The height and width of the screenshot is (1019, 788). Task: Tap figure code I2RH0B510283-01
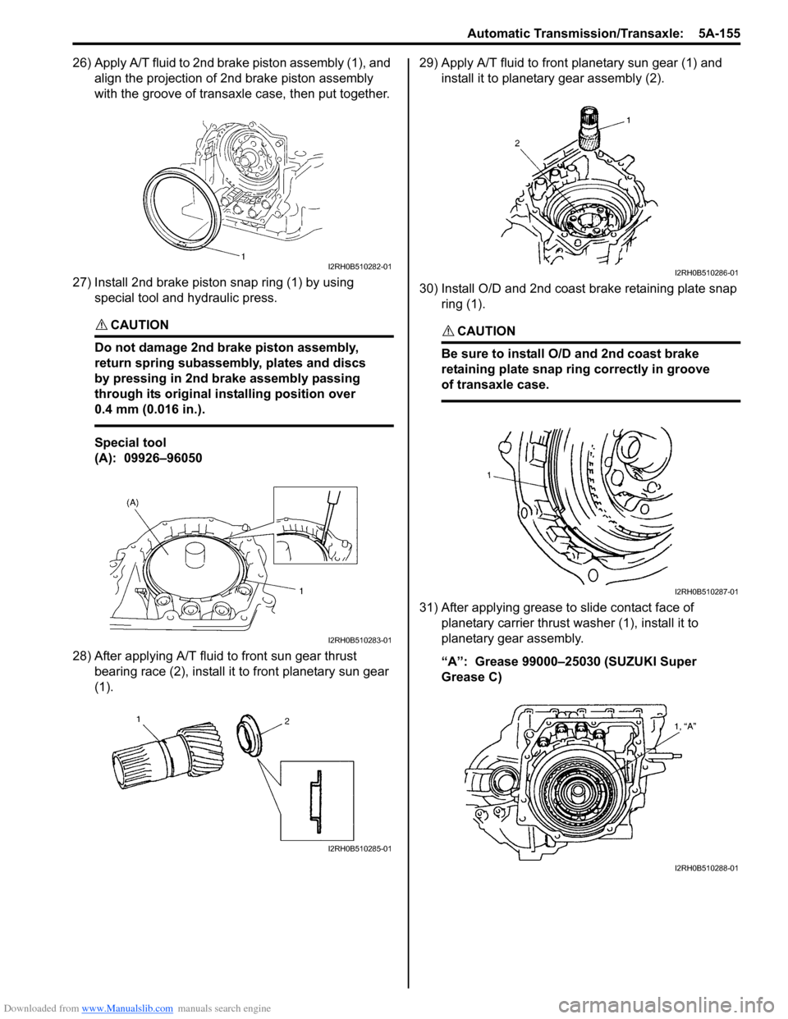tap(360, 640)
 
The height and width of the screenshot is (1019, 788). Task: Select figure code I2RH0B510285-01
tap(360, 849)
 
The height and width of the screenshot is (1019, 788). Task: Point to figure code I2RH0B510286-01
tap(706, 273)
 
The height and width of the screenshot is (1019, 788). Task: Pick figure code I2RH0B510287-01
tap(706, 592)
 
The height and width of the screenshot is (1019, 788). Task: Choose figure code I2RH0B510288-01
tap(706, 867)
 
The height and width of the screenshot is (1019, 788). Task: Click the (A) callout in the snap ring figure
tap(133, 501)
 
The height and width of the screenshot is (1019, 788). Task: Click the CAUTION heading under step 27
tap(139, 325)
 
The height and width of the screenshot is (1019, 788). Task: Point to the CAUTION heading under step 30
tap(486, 331)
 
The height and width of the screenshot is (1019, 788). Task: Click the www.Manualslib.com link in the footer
tap(128, 1008)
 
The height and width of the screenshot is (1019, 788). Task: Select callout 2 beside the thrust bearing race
tap(287, 722)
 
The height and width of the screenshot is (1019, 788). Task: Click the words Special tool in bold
tap(131, 442)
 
